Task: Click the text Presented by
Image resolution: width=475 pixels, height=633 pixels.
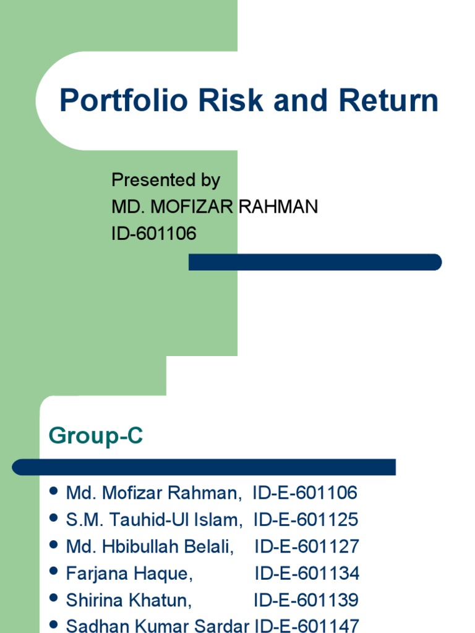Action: (165, 181)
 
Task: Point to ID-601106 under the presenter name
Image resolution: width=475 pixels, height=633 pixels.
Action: (153, 234)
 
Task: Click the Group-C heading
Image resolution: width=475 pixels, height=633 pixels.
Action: (96, 436)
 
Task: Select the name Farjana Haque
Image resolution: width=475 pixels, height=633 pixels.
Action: (129, 574)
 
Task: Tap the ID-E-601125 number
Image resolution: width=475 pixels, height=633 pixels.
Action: (306, 520)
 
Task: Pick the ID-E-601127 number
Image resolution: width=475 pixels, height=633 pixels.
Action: (306, 547)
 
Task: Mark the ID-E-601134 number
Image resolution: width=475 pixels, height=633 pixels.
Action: (307, 574)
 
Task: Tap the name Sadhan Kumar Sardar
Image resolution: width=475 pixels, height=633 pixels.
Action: (157, 626)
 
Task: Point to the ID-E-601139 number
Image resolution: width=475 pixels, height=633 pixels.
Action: (306, 601)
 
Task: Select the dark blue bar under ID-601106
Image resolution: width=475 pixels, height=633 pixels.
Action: (315, 262)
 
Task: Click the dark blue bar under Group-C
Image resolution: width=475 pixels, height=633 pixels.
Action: (204, 467)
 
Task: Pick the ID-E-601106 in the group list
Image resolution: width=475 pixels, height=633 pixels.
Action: (305, 493)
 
